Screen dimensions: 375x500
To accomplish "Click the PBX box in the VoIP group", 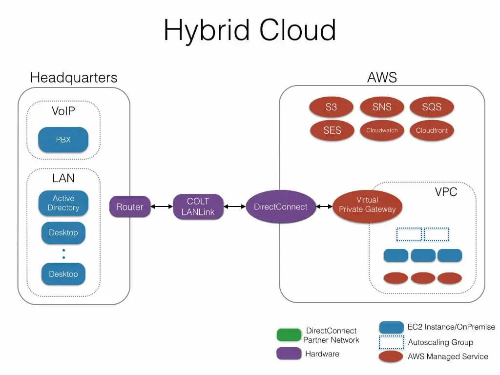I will (x=63, y=140).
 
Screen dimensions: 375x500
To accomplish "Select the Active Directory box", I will (x=63, y=203).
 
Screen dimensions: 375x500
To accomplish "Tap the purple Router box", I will (x=129, y=207).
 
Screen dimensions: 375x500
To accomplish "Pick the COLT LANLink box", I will (x=198, y=207).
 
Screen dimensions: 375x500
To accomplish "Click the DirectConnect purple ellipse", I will (x=280, y=207).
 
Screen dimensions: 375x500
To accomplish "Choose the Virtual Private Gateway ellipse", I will (x=367, y=205).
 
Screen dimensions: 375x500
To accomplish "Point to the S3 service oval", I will (x=332, y=107).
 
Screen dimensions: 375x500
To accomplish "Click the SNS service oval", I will (x=382, y=107).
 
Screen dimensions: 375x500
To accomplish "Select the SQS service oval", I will (x=432, y=107).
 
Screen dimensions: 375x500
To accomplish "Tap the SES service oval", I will (x=332, y=130).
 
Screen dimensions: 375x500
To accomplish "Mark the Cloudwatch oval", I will (x=382, y=130).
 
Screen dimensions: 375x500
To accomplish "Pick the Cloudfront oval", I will (x=432, y=130).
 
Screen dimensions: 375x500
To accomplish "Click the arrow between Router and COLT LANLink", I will (x=162, y=207).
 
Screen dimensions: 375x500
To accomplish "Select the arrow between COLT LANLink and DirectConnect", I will (x=234, y=207).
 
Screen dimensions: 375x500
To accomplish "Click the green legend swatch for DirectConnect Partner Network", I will (x=289, y=335).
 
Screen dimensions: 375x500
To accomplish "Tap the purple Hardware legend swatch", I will (x=289, y=354).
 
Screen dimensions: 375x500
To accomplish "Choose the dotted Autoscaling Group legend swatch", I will (x=392, y=342).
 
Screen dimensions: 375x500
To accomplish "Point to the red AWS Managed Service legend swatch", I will (x=392, y=357).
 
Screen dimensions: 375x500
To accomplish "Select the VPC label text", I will (x=446, y=191).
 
